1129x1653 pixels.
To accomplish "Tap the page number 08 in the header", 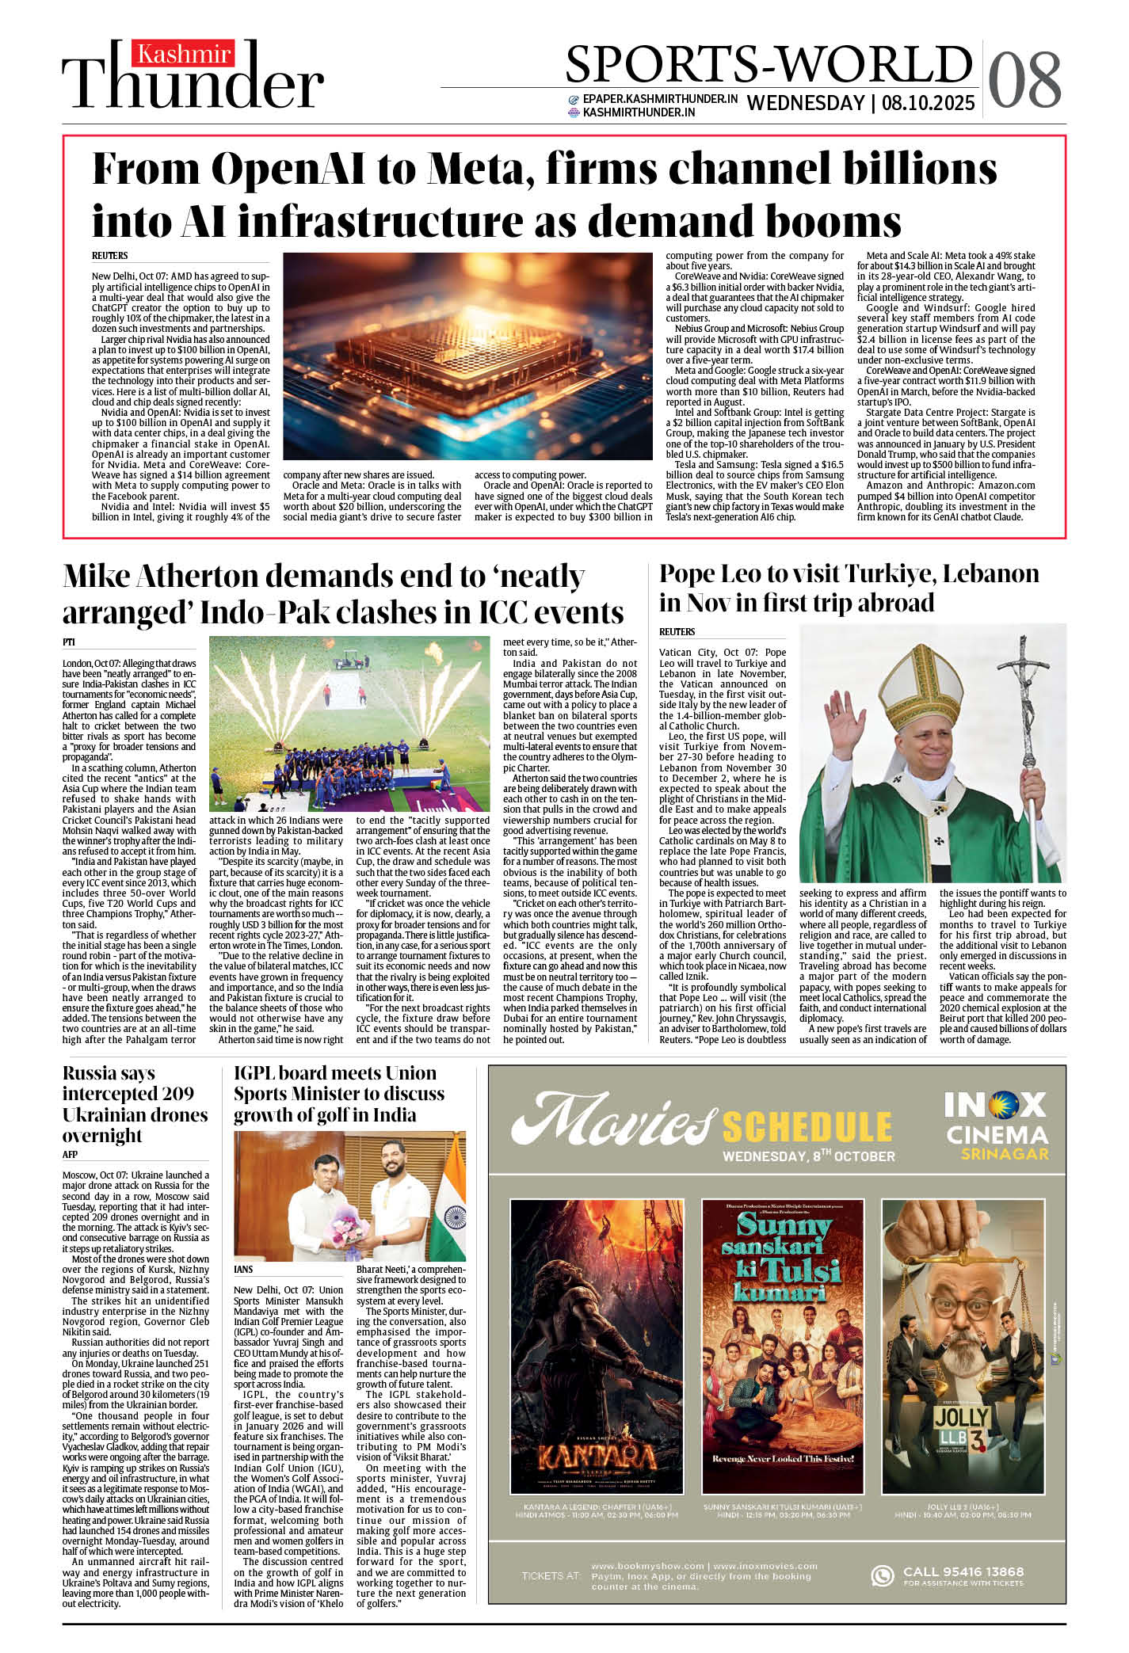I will [1024, 80].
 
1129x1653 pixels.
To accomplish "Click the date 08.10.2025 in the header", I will [928, 104].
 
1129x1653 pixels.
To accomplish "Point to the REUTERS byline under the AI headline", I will [110, 256].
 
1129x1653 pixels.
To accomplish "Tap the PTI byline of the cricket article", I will [69, 642].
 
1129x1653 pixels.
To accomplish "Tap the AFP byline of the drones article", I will [71, 1154].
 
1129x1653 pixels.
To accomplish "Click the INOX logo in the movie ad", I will [995, 1104].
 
